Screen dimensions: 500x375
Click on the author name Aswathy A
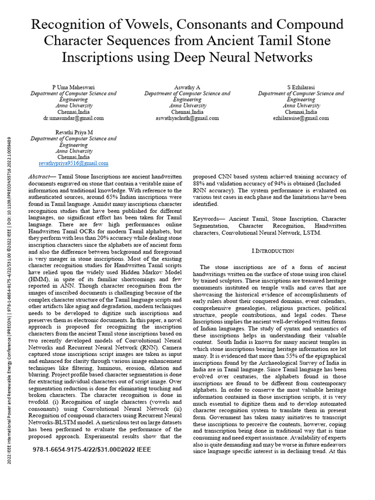click(187, 87)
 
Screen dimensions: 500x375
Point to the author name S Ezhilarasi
click(301, 87)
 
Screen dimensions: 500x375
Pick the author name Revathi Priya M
click(73, 132)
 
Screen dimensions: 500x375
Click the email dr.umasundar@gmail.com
click(73, 118)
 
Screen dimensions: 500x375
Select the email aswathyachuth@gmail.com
click(187, 118)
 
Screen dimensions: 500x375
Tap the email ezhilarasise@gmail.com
click(301, 118)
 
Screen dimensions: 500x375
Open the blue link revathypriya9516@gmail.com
click(73, 164)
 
